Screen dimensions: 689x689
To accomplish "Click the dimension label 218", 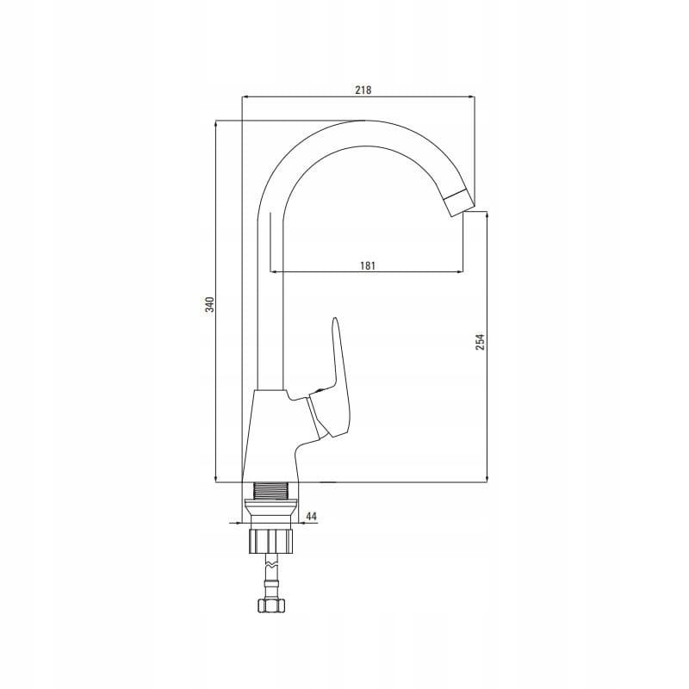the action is pyautogui.click(x=363, y=90).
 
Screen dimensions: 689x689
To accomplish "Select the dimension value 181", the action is pyautogui.click(x=368, y=266).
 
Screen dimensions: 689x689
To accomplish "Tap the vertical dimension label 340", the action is pyautogui.click(x=210, y=305).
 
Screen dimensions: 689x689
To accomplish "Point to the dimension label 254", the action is pyautogui.click(x=481, y=342).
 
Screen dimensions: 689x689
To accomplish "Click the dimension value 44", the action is pyautogui.click(x=311, y=516).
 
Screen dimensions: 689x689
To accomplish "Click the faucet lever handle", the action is pyautogui.click(x=336, y=387).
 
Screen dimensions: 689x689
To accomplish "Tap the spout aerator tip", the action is pyautogui.click(x=460, y=202).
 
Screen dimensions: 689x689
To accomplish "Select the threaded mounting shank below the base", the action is pyautogui.click(x=270, y=491).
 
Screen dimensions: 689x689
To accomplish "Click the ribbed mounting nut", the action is pyautogui.click(x=270, y=541).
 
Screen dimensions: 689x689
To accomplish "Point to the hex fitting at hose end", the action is pyautogui.click(x=270, y=605).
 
